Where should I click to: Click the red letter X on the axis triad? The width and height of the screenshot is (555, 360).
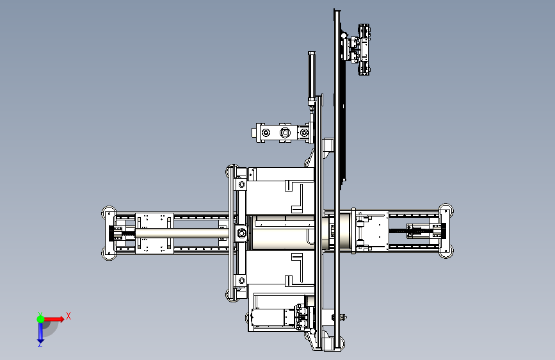click(68, 316)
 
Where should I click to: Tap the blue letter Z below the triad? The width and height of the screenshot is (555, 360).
click(40, 344)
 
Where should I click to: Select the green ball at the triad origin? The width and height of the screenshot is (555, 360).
click(41, 319)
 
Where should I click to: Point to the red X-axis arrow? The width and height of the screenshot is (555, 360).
click(54, 319)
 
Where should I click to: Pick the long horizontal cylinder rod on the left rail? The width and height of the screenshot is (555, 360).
click(182, 233)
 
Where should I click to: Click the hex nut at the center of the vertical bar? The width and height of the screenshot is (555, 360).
click(242, 233)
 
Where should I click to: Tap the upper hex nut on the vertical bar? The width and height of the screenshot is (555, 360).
click(242, 184)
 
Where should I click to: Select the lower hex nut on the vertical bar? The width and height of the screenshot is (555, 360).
click(242, 281)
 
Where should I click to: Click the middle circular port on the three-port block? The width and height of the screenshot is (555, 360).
click(285, 133)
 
